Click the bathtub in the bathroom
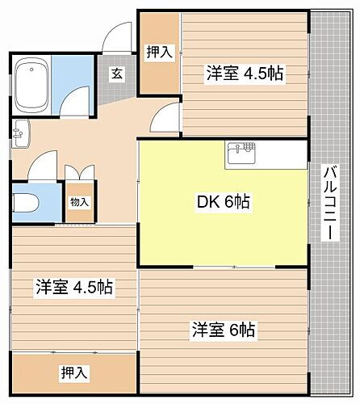coord(32,83)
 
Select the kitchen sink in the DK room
coord(241,152)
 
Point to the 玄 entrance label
coord(116,74)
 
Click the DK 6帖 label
coord(224,203)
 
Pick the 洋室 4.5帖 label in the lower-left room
coord(73,287)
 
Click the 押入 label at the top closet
coord(159,53)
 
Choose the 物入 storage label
coord(80,202)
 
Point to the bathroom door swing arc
coord(77,99)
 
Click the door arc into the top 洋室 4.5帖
coord(168,118)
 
